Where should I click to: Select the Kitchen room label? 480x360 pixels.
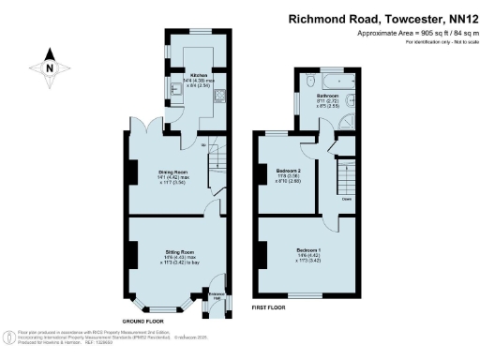pos(199,74)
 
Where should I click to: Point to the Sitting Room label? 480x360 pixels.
pos(180,253)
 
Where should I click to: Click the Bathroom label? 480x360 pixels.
pos(326,96)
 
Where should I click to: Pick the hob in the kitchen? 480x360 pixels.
pos(217,94)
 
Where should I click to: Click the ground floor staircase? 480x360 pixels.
pos(215,155)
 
